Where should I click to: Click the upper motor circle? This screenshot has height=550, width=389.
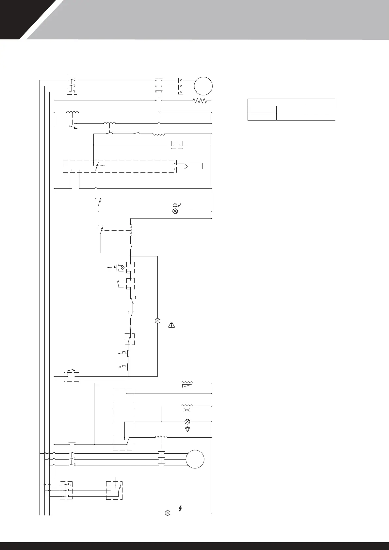pos(203,86)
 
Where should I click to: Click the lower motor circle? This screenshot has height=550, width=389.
pos(195,459)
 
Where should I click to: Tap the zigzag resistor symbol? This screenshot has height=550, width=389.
pos(200,101)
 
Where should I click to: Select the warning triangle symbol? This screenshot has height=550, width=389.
pos(172,325)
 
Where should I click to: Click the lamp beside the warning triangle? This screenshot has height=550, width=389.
pos(157,321)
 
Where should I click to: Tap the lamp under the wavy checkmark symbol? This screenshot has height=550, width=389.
pos(175,211)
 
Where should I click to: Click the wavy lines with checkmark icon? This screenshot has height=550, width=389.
pos(177,205)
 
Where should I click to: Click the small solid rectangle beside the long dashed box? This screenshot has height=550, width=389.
pos(195,166)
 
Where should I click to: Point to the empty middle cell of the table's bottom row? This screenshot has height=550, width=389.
pos(291,117)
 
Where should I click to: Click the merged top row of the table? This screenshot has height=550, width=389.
pos(291,102)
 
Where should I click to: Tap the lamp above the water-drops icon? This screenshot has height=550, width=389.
pos(187,421)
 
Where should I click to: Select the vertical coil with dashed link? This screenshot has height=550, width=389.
pos(131,231)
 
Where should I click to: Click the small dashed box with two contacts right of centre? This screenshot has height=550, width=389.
pos(177,145)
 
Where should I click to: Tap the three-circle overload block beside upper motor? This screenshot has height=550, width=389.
pos(181,86)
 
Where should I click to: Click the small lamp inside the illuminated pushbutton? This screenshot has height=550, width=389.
pos(123,267)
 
